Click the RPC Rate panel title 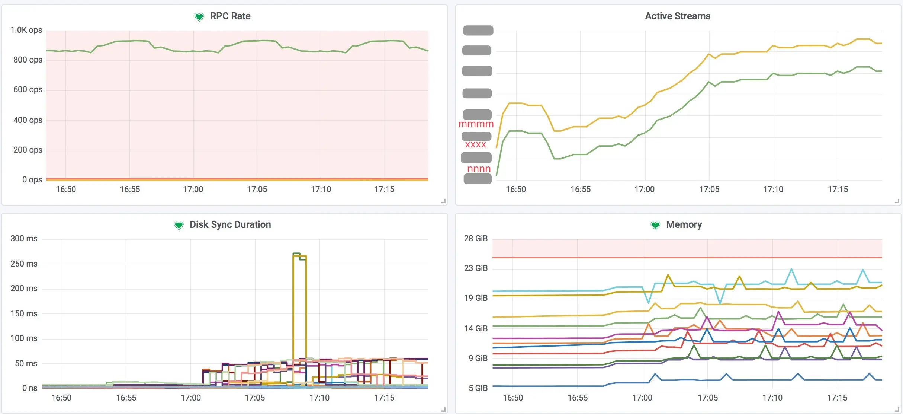coord(230,16)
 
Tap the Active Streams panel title coord(678,16)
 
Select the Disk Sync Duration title coord(230,224)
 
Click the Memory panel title coord(684,224)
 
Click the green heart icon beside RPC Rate coord(199,17)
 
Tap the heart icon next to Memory coord(655,225)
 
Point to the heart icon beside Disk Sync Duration coord(179,225)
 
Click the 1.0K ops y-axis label coord(26,30)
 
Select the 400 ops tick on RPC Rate coord(28,120)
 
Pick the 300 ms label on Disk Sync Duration coord(24,238)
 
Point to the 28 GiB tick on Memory coord(476,238)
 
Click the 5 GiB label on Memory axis coord(478,388)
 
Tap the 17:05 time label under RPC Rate coord(257,189)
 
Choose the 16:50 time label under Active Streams coord(516,189)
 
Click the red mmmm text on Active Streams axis coord(476,124)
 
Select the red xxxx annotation coord(476,144)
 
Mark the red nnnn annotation coord(479,169)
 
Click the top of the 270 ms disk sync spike coord(297,254)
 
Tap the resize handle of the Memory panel coord(897,410)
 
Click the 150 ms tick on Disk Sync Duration coord(24,313)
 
